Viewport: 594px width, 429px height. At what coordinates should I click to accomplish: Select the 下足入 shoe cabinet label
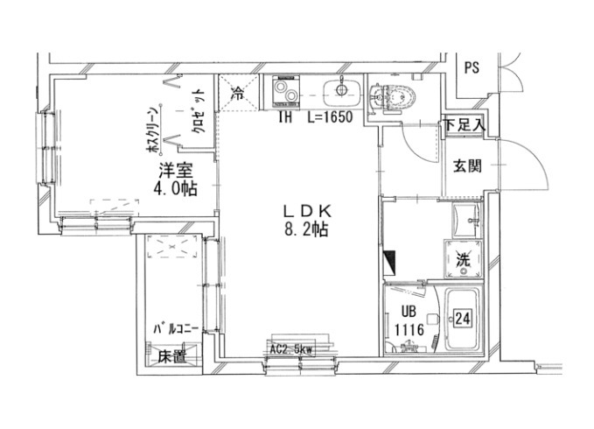[x=464, y=124]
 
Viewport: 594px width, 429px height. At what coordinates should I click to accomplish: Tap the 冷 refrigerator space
[x=238, y=90]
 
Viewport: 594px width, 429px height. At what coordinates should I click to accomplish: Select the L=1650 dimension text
[x=328, y=117]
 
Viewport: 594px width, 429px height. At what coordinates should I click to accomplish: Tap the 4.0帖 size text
[x=175, y=188]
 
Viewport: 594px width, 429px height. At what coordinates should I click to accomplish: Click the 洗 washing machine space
[x=465, y=259]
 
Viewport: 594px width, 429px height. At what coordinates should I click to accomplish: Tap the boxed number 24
[x=464, y=320]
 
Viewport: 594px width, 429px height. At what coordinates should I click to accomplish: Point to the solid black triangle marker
[x=391, y=261]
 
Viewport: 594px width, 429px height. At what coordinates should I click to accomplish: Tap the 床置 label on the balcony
[x=172, y=356]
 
